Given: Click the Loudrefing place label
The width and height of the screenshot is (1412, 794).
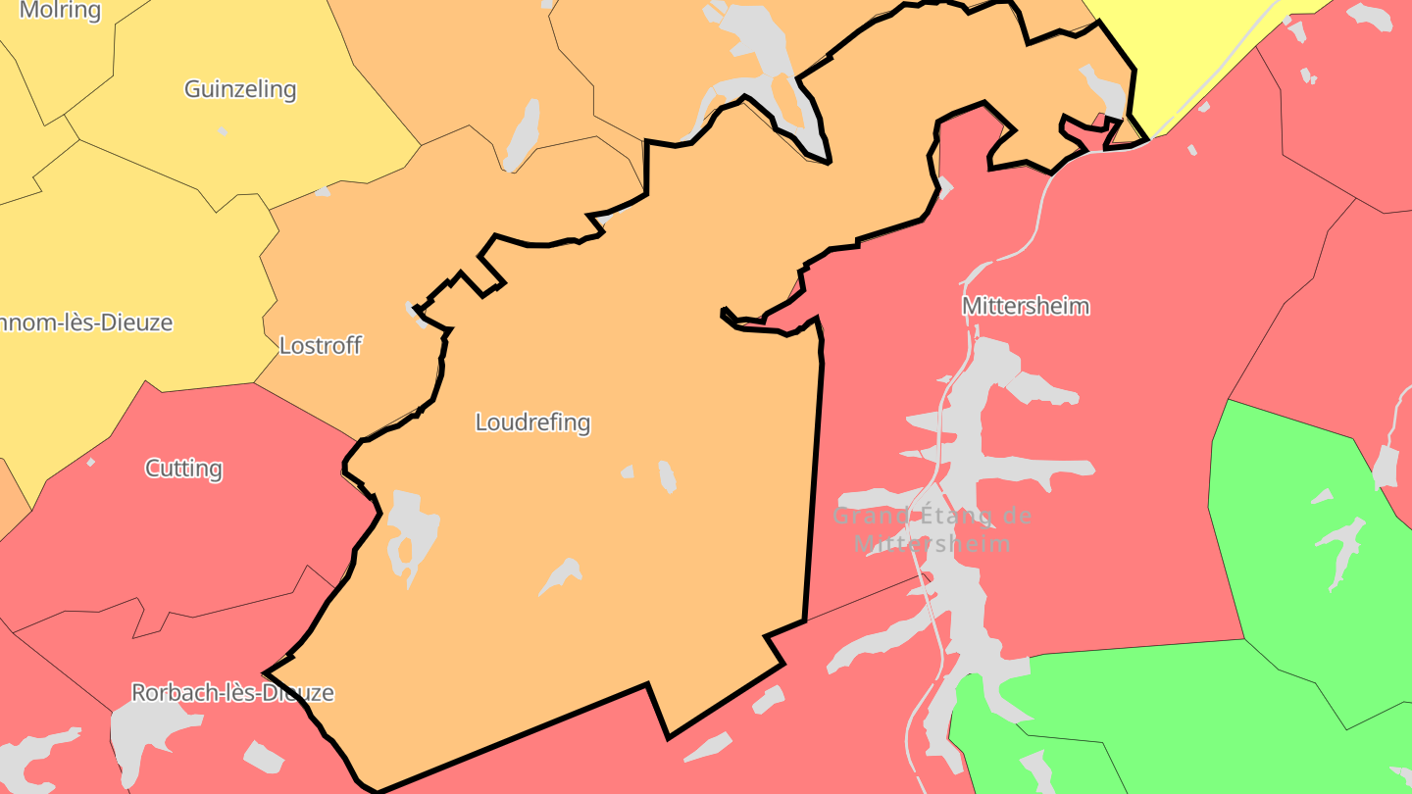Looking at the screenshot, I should (532, 422).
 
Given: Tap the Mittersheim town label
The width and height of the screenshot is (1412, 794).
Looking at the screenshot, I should (1025, 306).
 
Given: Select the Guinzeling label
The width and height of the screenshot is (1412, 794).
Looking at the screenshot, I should (240, 89).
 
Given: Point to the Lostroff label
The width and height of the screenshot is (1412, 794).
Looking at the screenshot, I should (321, 345).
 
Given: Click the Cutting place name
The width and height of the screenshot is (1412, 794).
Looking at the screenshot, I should (183, 469).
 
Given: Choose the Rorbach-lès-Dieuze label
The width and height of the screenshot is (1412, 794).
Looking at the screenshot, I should (232, 693).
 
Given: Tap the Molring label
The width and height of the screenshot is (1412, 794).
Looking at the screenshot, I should (60, 11).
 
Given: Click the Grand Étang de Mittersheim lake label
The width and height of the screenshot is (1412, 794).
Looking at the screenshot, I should (932, 529).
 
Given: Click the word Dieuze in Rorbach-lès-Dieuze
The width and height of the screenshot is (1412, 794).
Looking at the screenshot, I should (294, 693).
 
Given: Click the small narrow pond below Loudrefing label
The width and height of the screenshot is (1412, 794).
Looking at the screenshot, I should (667, 476).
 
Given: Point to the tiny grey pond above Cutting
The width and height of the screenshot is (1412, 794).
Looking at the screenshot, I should (91, 462).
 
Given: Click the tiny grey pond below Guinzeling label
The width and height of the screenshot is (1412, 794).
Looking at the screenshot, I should (223, 130).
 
